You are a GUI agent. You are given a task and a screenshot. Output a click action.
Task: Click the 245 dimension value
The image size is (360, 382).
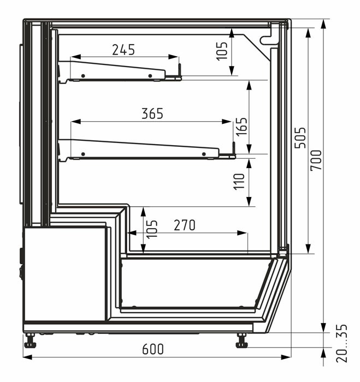[x=123, y=50]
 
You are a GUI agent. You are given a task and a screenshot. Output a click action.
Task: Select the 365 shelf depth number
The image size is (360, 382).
[x=152, y=114]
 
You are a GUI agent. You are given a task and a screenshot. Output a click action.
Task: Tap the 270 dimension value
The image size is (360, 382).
[x=185, y=225]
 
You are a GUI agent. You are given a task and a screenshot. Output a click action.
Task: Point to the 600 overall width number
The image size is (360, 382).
[x=153, y=349]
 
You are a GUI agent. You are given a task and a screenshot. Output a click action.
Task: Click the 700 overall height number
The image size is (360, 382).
[x=316, y=160]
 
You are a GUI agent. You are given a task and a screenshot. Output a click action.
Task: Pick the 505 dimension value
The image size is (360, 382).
[x=300, y=138]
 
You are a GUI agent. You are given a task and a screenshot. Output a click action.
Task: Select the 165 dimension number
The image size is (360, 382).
[x=241, y=127]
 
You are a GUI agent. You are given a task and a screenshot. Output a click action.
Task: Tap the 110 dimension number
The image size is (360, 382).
[x=239, y=182]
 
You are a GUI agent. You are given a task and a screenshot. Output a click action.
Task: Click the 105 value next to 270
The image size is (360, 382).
[x=152, y=229]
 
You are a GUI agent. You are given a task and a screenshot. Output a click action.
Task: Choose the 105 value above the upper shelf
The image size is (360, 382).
[x=222, y=51]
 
